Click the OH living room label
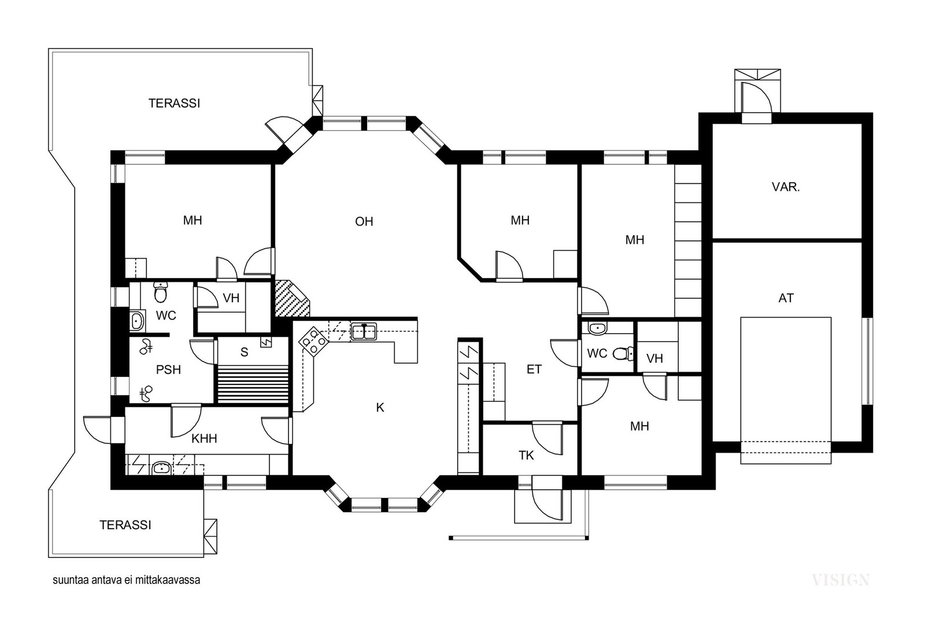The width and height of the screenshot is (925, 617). (x=364, y=222)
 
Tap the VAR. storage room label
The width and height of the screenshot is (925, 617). (x=786, y=187)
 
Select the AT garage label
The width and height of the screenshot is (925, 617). (x=786, y=298)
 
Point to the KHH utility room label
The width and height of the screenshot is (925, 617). (x=204, y=438)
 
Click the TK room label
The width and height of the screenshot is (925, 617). (x=526, y=455)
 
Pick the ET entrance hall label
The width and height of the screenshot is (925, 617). (x=534, y=369)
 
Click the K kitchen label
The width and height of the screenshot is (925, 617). (x=380, y=408)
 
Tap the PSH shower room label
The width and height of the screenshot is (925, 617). (x=168, y=369)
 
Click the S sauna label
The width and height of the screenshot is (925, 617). (x=244, y=352)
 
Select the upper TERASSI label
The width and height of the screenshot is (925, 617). (x=174, y=104)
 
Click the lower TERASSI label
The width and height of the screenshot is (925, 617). (x=125, y=525)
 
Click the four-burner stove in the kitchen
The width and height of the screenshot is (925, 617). (x=313, y=341)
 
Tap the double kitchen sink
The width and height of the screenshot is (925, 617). (x=364, y=331)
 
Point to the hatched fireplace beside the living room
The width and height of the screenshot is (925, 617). (x=291, y=298)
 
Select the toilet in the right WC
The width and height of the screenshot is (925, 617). (x=624, y=353)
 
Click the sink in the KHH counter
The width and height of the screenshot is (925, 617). (x=162, y=468)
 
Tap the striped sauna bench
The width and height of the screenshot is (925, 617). (x=253, y=385)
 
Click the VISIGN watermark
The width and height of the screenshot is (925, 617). (x=841, y=580)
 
